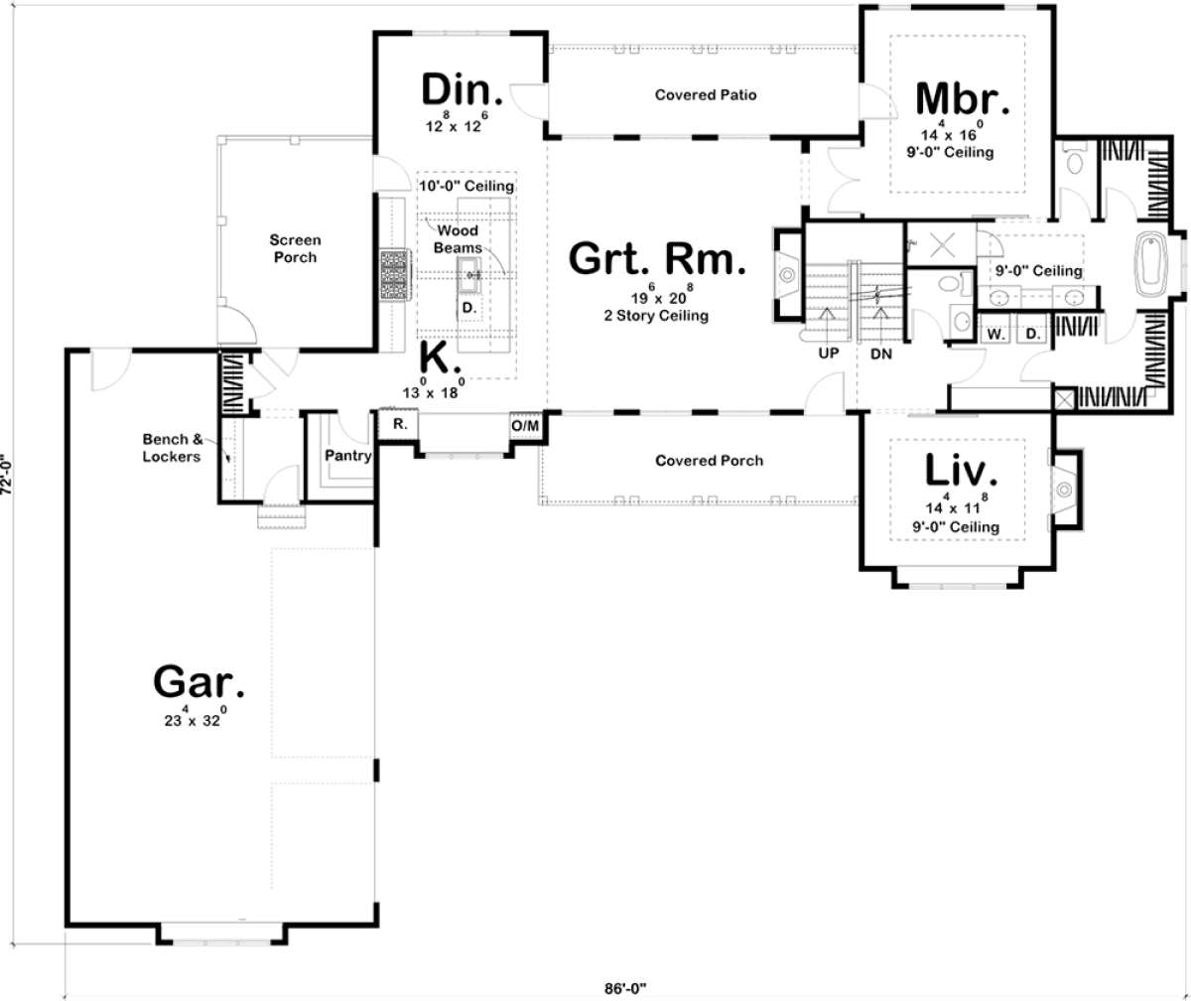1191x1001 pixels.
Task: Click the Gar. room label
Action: point(198,681)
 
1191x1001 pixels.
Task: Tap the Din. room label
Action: point(462,89)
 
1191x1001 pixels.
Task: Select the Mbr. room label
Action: point(963,99)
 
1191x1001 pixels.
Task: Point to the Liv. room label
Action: point(961,470)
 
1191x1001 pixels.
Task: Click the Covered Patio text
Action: point(706,94)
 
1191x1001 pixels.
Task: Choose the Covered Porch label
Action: point(709,461)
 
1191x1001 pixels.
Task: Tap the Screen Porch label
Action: point(295,248)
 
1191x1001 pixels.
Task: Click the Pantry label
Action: point(348,456)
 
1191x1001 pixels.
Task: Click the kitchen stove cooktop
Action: point(395,274)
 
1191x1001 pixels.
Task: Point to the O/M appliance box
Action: point(525,426)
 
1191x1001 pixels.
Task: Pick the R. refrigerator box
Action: point(399,424)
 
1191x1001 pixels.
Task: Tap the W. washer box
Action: point(995,335)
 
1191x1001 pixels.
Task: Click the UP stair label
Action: point(828,354)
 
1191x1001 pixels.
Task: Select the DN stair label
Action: point(881,354)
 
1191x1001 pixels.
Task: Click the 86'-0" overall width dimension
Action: point(625,988)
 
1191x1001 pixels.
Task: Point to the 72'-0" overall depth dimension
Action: point(6,474)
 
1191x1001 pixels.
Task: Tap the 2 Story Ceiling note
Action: point(656,316)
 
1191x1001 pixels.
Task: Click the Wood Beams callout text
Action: point(458,239)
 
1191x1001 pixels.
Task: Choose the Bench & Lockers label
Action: point(173,448)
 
